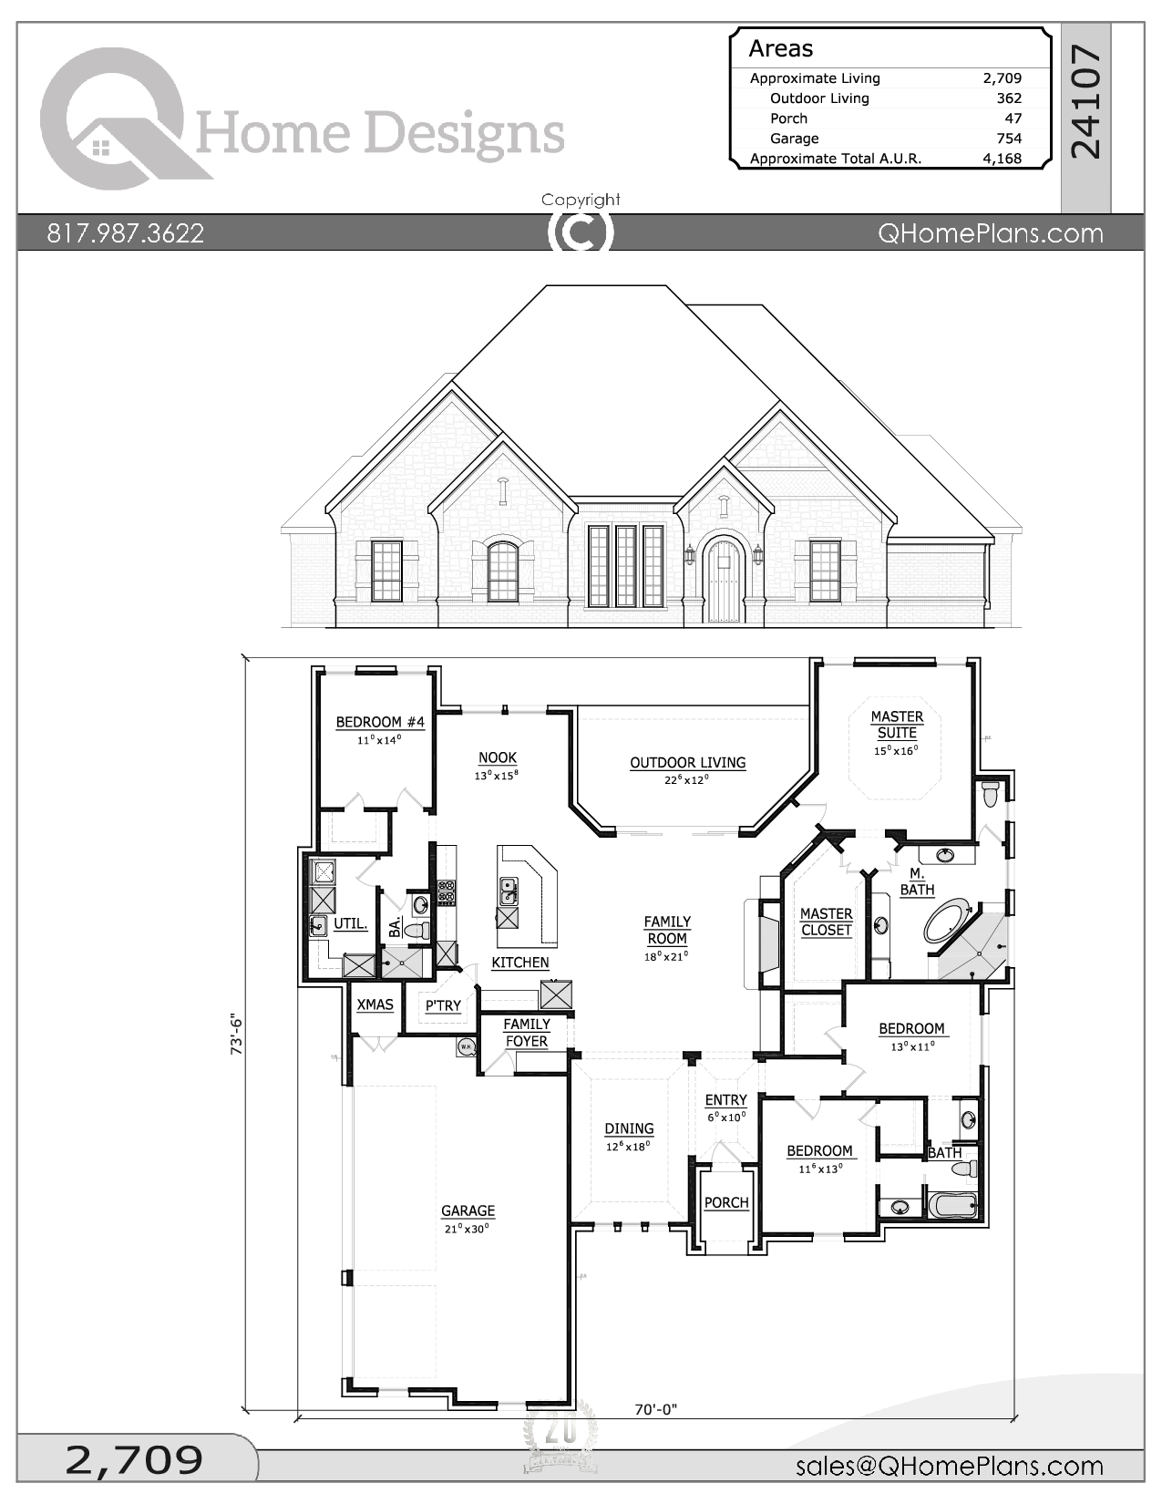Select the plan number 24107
pos(1086,103)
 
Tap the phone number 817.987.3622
pos(126,233)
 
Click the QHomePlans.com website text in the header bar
pos(990,233)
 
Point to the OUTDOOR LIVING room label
pos(687,763)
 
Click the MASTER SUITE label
pos(897,725)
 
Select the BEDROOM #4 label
pos(380,722)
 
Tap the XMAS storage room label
pos(375,1004)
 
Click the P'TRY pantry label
pos(443,1005)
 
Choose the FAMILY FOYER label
pos(526,1033)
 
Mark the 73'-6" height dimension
pos(238,1034)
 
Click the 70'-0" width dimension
pos(655,1410)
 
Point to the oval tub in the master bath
pos(948,922)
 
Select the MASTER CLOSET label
pos(826,922)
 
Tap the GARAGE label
pos(468,1211)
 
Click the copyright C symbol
pos(581,232)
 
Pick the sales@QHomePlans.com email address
pos(949,1466)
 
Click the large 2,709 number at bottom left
pos(134,1460)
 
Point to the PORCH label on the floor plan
pos(726,1203)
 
